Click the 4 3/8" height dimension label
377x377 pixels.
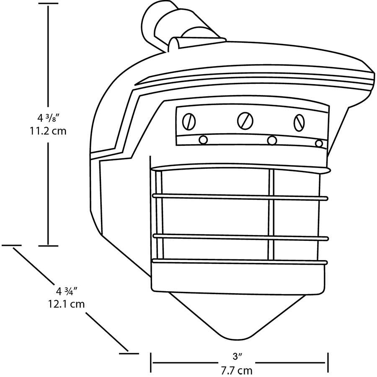tap(48, 118)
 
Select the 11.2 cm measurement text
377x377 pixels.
tap(48, 131)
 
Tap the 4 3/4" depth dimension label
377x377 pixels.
tap(66, 291)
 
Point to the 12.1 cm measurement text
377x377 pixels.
tap(66, 304)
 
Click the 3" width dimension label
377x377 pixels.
tap(237, 356)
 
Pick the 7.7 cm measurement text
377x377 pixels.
tap(237, 371)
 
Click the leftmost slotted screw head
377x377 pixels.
tap(189, 121)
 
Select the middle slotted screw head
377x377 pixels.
tap(245, 121)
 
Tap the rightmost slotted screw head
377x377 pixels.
tap(299, 122)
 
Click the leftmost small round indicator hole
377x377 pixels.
tap(203, 139)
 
